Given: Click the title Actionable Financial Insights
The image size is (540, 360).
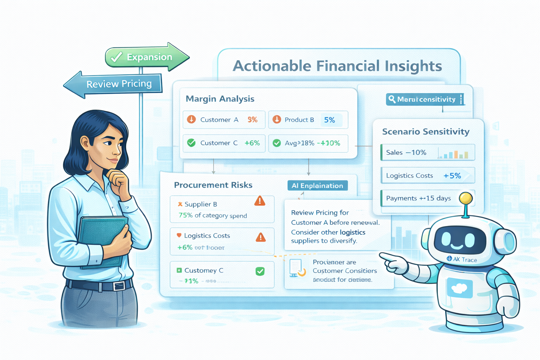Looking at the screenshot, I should (x=337, y=66).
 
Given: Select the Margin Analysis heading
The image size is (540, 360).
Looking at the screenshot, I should (x=220, y=99).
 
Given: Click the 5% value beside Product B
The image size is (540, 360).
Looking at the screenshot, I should (x=329, y=120).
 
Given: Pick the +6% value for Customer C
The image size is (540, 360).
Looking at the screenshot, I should (x=252, y=143).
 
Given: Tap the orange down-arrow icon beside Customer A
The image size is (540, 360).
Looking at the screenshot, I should (x=191, y=120).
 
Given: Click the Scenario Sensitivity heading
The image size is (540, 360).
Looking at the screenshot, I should (x=425, y=131).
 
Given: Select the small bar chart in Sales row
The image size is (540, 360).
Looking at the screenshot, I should (x=454, y=154).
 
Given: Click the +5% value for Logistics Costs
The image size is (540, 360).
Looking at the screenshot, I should (x=452, y=176).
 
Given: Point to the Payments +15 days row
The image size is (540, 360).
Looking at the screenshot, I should (x=418, y=198).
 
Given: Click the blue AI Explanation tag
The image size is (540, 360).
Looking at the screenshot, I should (x=317, y=186).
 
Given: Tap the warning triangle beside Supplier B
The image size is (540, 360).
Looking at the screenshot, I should (x=260, y=201).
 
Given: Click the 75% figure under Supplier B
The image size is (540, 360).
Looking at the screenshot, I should (x=186, y=215).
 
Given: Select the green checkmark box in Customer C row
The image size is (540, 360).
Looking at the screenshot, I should (x=260, y=271).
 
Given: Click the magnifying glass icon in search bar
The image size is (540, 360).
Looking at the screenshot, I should (x=392, y=99).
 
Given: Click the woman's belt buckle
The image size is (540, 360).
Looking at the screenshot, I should (x=119, y=286).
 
